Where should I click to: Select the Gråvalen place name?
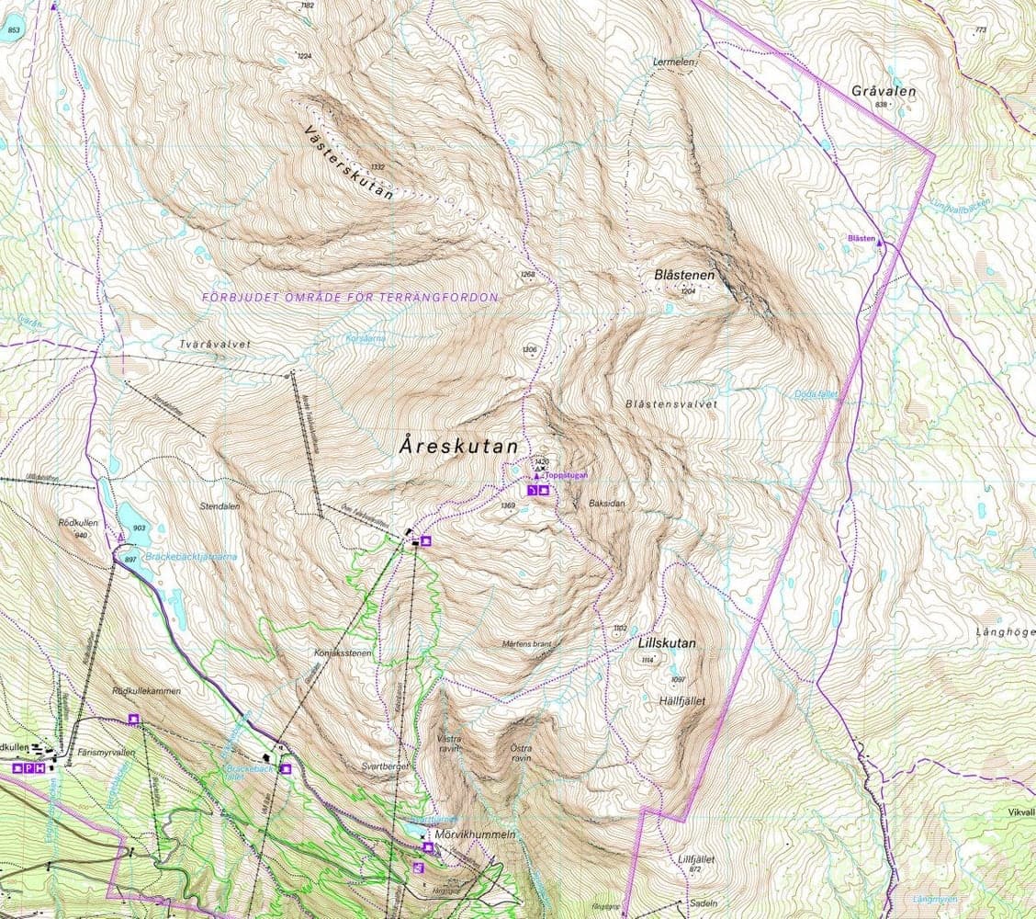coord(883,92)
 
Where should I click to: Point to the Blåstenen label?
coord(684,275)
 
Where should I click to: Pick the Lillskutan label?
coord(666,644)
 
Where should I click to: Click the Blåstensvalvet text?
coord(670,403)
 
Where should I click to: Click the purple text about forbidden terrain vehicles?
coord(350,298)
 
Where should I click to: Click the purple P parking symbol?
coord(28,767)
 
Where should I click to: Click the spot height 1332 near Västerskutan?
coord(376,167)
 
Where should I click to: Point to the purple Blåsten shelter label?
coord(861,238)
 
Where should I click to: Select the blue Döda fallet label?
coord(816,394)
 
